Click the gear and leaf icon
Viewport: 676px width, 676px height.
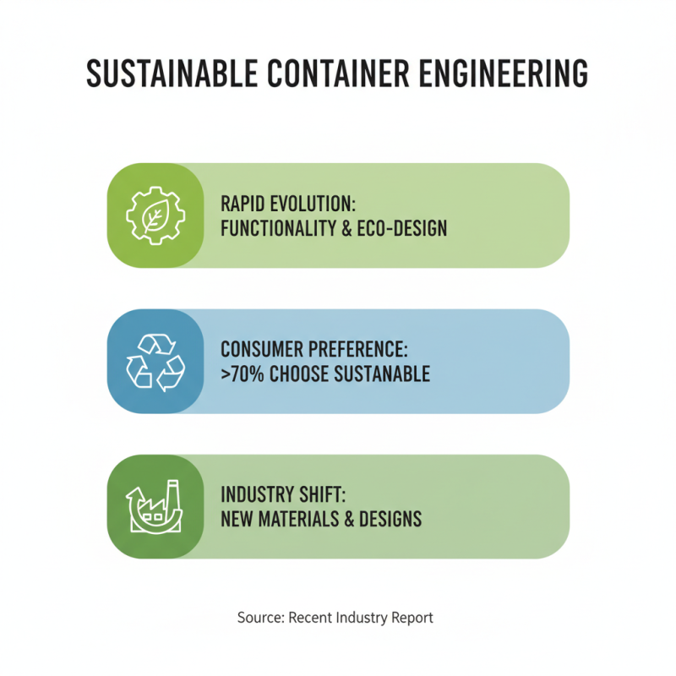tap(155, 215)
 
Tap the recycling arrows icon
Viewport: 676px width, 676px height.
tap(155, 361)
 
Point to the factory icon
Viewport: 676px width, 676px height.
tap(155, 506)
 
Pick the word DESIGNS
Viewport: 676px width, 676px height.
tap(391, 519)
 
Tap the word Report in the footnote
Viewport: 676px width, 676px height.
tap(412, 618)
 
